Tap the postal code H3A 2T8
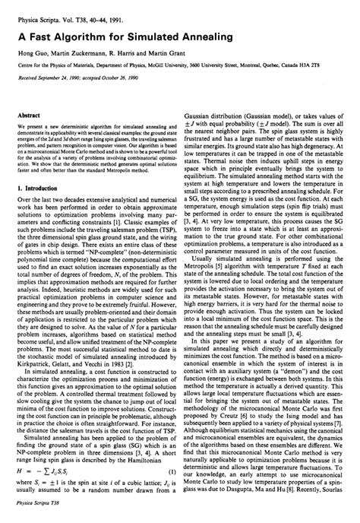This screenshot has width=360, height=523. pos(332,55)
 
